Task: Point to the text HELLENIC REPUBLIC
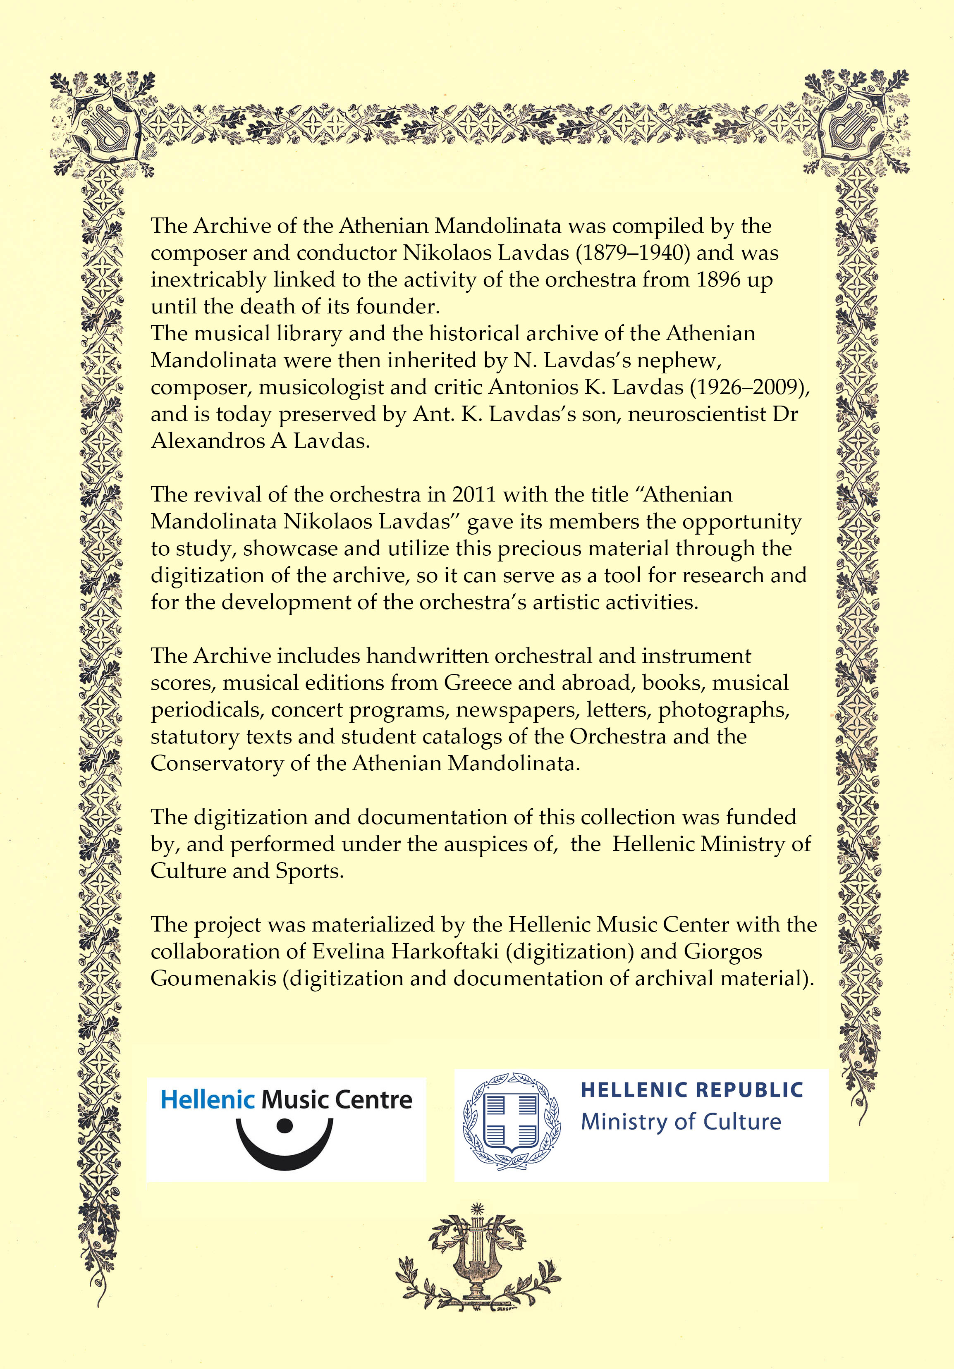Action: (x=692, y=1090)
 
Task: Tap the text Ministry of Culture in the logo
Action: (x=681, y=1122)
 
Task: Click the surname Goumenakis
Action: (x=213, y=978)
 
